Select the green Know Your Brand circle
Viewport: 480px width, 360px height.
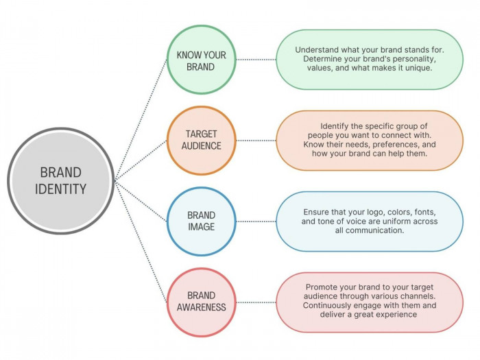(201, 60)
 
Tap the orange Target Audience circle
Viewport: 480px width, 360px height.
(201, 140)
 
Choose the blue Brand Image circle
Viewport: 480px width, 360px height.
(201, 221)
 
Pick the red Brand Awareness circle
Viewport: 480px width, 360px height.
(201, 302)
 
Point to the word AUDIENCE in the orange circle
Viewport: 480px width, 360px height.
(201, 146)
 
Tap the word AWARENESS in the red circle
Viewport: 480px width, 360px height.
(201, 307)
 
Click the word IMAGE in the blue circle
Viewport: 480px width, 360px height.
(201, 227)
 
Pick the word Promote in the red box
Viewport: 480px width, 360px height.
(323, 286)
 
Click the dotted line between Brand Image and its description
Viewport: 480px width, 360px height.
(255, 221)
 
